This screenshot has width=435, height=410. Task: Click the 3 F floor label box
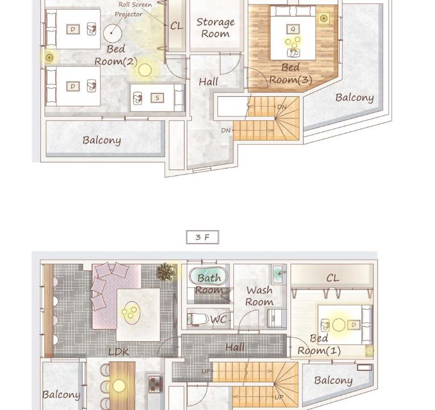pos(203,237)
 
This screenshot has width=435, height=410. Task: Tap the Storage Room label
pos(216,28)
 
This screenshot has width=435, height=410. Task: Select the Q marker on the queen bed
pos(293,29)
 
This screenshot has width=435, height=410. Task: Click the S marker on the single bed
pos(157,97)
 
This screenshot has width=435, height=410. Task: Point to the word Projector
pos(129,14)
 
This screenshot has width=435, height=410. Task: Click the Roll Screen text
pos(135,5)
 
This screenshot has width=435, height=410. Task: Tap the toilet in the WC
pos(198,319)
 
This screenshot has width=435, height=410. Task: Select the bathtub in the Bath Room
pos(208,276)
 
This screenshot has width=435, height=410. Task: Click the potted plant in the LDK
pos(166,272)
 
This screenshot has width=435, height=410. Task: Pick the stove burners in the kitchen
pos(155,384)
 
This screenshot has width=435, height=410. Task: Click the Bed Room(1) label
pos(319,345)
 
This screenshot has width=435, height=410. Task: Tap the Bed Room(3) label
pos(291,73)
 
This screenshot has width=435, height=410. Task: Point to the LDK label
pos(118,352)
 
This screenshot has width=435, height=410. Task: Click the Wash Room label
pos(260,296)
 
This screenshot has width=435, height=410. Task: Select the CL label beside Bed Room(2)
pos(177,26)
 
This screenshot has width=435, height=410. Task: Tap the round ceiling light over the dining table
pos(119,386)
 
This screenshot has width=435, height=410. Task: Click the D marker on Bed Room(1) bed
pos(354,325)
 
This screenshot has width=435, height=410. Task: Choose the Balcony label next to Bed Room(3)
pos(355,98)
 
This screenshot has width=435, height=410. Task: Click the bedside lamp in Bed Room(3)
pos(323,19)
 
